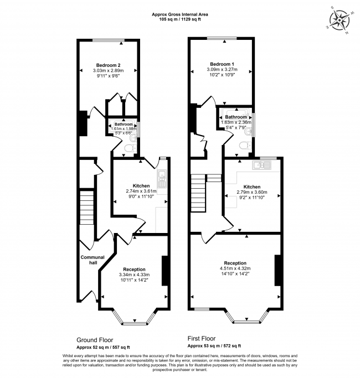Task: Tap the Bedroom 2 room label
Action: [107, 64]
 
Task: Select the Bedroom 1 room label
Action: [221, 64]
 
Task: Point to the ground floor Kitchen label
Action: [141, 185]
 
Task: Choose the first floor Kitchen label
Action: [252, 187]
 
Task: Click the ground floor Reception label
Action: [133, 269]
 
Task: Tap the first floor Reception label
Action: [235, 263]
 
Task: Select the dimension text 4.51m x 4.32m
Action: [235, 270]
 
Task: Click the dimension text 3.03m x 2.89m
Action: [107, 71]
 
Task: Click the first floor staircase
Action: [199, 194]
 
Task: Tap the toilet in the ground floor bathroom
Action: [128, 148]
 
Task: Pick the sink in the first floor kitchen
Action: [260, 164]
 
